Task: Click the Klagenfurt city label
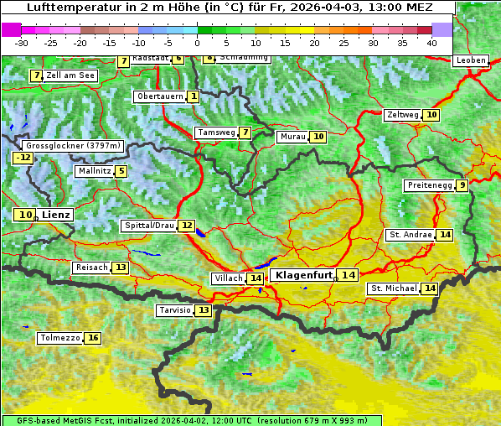click(x=304, y=275)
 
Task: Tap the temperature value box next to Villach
click(x=256, y=278)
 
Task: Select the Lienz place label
click(x=56, y=215)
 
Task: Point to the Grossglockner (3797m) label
click(x=74, y=146)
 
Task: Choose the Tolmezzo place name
click(x=60, y=339)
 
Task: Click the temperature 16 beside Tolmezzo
click(x=92, y=339)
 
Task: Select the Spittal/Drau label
click(x=148, y=226)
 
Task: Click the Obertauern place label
click(x=159, y=96)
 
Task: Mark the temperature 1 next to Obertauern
click(x=194, y=96)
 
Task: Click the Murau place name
click(x=292, y=137)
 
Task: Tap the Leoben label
click(x=470, y=60)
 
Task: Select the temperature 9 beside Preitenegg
click(x=462, y=185)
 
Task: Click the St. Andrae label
click(x=411, y=235)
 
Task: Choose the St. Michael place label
click(x=394, y=288)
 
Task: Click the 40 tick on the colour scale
click(x=431, y=43)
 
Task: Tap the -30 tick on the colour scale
click(x=22, y=43)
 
